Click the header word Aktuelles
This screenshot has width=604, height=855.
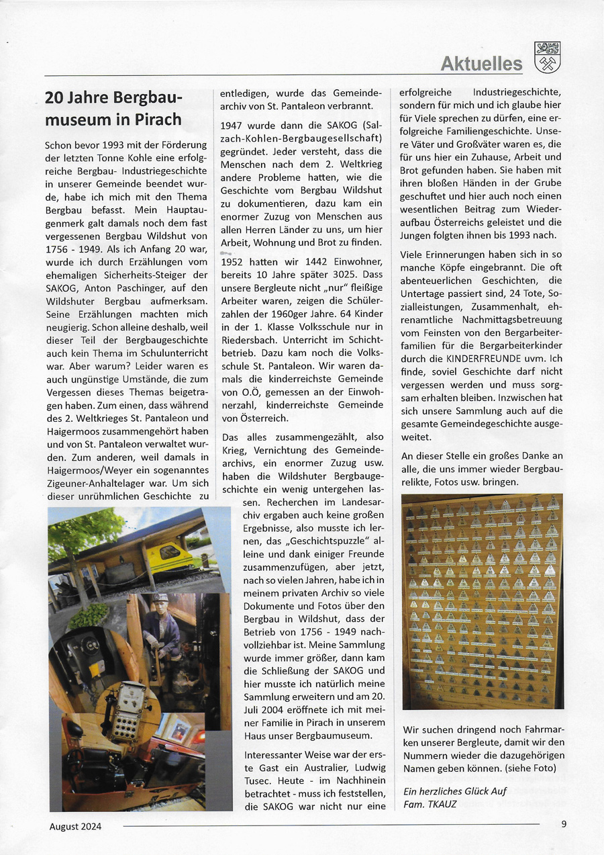[x=481, y=64]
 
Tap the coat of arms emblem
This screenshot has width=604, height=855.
[x=548, y=57]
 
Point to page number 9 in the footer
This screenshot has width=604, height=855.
[x=564, y=824]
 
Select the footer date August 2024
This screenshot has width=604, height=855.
[x=75, y=827]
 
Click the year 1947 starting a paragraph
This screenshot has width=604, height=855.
[x=233, y=125]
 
